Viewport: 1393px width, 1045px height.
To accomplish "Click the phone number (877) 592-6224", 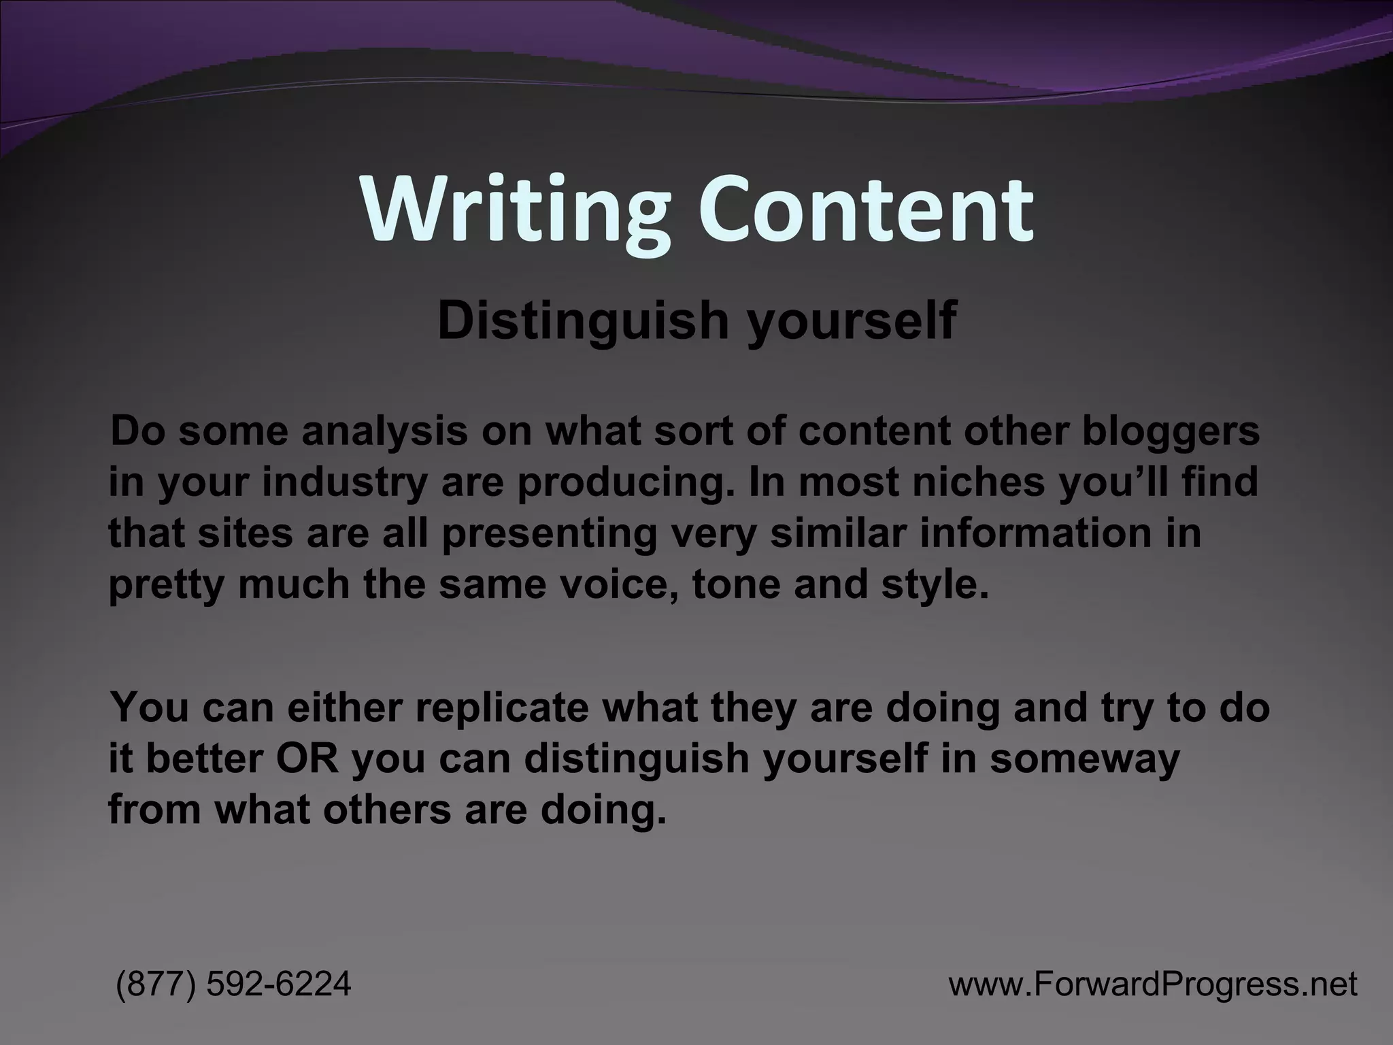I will pyautogui.click(x=234, y=984).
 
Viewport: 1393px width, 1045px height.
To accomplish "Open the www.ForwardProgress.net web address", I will pyautogui.click(x=1153, y=984).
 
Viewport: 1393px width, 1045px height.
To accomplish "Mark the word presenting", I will pyautogui.click(x=548, y=535).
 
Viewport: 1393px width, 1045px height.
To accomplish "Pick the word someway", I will pyautogui.click(x=1085, y=759).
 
